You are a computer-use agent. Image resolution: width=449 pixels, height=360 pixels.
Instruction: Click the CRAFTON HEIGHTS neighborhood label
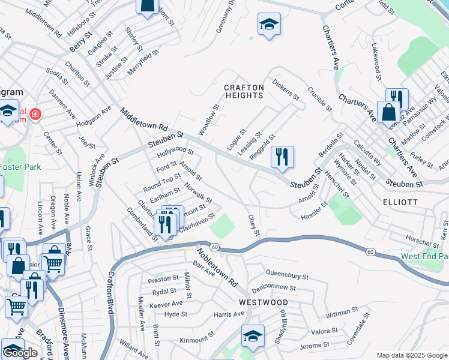(x=244, y=91)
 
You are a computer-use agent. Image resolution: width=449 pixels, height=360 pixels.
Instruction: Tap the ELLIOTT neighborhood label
(x=400, y=202)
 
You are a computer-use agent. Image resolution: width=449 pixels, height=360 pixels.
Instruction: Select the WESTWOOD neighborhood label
(x=263, y=302)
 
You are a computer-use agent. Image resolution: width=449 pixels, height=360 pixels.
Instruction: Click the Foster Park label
(x=20, y=167)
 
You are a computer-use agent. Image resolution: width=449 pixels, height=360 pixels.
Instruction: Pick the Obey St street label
(x=253, y=224)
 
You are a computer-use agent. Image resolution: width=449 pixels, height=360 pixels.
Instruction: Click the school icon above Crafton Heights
(x=269, y=25)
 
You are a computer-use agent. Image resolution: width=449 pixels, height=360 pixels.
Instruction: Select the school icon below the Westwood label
(x=253, y=337)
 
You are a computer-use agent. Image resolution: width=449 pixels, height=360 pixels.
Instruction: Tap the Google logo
(x=20, y=353)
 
